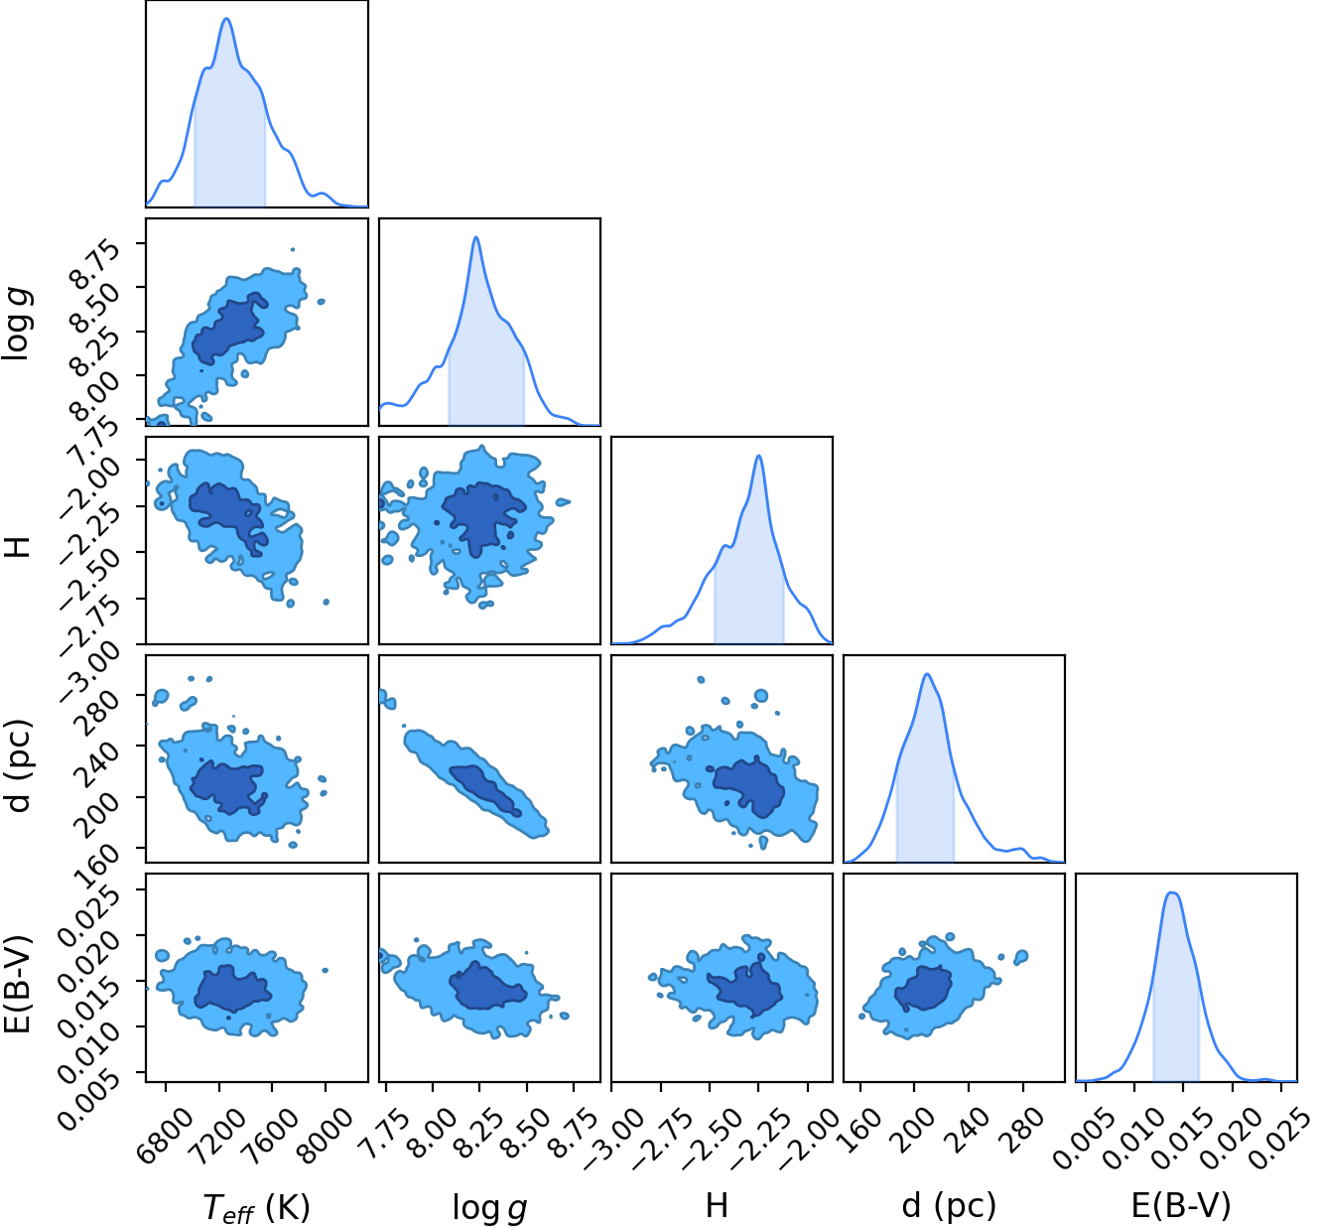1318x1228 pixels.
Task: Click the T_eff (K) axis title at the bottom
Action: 256,1207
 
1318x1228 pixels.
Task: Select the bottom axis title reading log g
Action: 489,1207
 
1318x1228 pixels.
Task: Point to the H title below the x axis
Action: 717,1205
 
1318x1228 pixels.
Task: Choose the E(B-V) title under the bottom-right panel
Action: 1181,1205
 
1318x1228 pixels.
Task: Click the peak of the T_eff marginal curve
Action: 227,18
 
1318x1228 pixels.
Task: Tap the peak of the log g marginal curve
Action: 475,237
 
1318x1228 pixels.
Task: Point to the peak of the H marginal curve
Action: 758,456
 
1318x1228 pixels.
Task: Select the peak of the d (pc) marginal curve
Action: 927,674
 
